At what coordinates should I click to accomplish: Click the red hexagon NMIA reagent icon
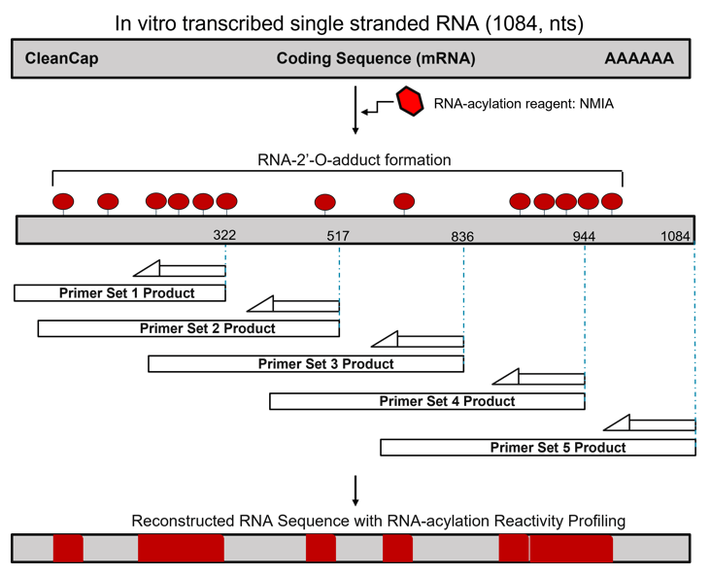tap(410, 101)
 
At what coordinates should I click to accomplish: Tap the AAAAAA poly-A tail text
tap(638, 59)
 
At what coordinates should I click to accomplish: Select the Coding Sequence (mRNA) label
tap(376, 59)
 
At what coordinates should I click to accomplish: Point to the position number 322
tap(225, 236)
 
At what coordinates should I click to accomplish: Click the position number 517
tap(338, 236)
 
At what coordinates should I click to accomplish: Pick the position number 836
tap(462, 236)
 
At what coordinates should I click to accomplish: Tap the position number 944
tap(584, 236)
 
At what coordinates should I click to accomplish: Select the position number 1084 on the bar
tap(675, 236)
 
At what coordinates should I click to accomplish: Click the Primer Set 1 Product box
tap(119, 292)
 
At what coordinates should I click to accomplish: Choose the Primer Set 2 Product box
tap(188, 328)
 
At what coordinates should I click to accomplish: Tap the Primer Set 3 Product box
tap(306, 363)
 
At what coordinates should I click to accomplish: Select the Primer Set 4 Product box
tap(427, 400)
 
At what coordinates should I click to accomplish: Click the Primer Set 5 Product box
tap(538, 447)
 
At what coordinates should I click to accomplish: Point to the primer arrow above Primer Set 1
tap(179, 269)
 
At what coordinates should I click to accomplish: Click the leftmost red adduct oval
tap(63, 202)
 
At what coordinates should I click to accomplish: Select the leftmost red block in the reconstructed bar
tap(68, 548)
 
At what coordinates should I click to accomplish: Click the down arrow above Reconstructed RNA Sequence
tap(356, 490)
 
